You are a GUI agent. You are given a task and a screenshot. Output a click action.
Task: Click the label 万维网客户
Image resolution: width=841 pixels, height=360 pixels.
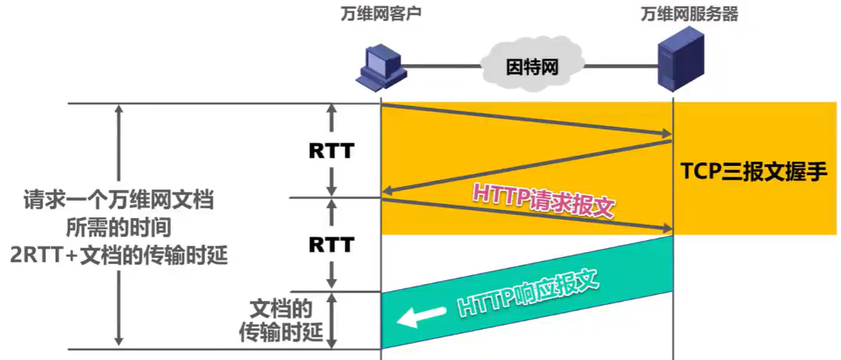coord(382,15)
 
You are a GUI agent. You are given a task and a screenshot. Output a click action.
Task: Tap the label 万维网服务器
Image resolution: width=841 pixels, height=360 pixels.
coord(689,15)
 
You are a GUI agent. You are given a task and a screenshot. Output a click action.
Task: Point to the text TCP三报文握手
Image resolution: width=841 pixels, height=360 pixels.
coord(754,172)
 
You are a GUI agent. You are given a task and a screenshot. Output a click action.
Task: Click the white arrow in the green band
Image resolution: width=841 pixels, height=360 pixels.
coord(420,317)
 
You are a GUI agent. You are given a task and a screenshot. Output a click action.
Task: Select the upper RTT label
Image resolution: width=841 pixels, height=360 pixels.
coord(331,150)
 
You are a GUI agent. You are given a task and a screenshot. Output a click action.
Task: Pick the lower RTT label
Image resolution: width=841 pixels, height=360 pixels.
coord(331,244)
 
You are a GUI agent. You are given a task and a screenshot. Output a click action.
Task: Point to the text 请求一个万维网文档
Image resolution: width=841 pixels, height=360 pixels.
coord(118,202)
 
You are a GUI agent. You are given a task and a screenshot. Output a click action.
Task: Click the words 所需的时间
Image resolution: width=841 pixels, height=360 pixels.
coord(119,228)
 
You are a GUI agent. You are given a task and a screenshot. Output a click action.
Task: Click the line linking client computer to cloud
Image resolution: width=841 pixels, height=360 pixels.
coord(442,65)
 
